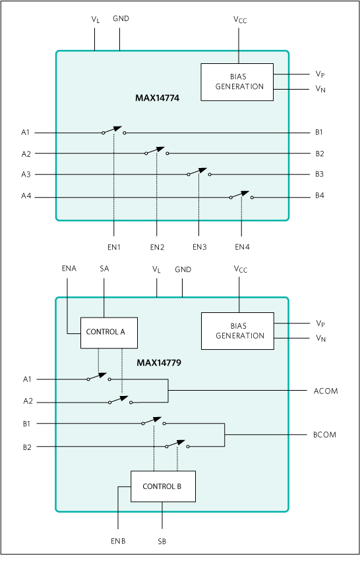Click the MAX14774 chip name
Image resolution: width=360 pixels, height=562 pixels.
pos(157,98)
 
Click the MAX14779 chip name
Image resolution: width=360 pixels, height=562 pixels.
pos(159,363)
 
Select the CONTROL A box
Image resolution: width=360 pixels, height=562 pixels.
pos(109,333)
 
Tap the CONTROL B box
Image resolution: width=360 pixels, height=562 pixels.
pos(163,486)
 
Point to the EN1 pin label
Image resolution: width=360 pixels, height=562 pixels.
pos(114,247)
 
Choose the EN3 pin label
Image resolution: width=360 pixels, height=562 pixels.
pos(199,247)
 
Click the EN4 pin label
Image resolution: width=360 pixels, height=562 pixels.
pos(243,247)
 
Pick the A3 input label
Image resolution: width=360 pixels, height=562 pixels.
pos(26,175)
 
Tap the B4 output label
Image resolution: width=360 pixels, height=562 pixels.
pos(320,196)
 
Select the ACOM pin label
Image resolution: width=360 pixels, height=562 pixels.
pos(326,391)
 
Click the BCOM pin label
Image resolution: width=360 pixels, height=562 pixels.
pos(324,435)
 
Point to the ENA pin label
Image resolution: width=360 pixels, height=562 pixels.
pos(69,268)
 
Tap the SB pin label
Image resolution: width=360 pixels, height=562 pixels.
pos(162,542)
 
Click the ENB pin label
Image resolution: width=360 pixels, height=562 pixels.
pos(118,541)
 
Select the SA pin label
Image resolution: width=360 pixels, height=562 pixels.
pos(104,268)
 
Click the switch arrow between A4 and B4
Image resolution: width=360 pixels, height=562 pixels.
pos(240,194)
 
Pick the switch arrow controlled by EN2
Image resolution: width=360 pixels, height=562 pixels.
pos(156,150)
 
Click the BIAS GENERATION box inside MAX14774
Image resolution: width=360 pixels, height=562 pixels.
pos(237,82)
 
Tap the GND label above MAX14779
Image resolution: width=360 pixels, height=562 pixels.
pos(183,269)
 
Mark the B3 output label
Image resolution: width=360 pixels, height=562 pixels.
pos(320,174)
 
